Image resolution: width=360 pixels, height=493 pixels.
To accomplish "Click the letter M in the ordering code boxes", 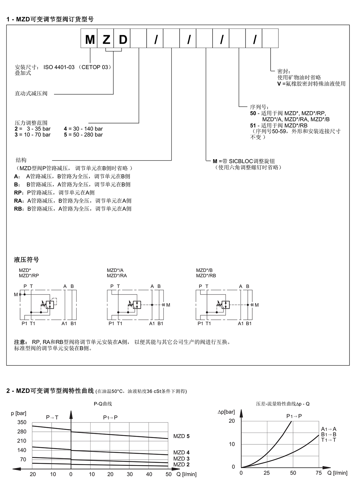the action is [90, 40].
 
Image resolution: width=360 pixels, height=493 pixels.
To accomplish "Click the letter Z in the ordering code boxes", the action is [106, 40].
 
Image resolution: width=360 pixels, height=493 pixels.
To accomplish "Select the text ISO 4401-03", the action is [59, 67].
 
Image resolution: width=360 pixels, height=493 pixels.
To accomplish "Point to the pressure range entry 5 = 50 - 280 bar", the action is [83, 135].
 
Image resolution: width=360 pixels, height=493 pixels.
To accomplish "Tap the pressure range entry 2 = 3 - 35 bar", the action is [32, 129].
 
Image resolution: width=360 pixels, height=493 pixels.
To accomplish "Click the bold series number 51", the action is [253, 126].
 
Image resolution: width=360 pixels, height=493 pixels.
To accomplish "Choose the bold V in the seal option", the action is [279, 84].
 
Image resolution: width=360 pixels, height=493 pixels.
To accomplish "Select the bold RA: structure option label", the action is [19, 201].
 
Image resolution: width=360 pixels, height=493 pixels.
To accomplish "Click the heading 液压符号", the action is [26, 260].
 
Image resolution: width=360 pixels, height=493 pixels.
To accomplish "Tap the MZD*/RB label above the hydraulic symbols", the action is [206, 276].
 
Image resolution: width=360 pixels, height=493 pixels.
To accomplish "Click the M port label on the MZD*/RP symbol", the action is [16, 295].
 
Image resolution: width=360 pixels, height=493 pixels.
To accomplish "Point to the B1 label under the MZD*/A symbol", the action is [160, 324].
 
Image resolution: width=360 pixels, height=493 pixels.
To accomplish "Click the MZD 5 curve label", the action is [181, 436].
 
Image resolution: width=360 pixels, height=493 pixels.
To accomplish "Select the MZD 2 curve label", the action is [181, 464].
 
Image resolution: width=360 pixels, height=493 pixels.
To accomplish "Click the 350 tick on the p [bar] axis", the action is [22, 422].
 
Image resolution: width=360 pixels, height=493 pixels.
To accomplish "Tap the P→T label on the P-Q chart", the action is [52, 417].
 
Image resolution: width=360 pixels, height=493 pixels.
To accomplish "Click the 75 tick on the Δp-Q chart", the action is [319, 473].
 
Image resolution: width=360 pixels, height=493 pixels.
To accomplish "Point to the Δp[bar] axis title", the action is [226, 412].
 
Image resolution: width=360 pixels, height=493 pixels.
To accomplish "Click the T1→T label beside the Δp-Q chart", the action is [328, 440].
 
